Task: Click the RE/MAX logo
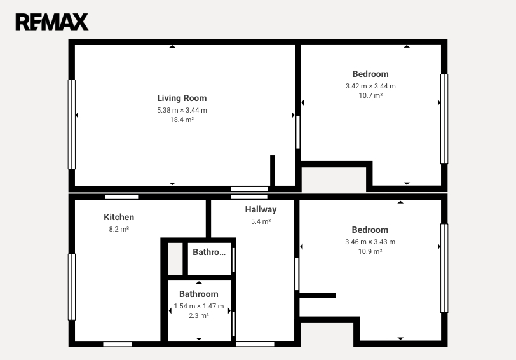point(52,22)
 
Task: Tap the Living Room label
point(182,98)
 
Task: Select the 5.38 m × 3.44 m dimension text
point(182,110)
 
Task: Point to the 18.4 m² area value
point(182,120)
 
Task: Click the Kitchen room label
point(119,217)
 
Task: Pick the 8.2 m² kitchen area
point(119,229)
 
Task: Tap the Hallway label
point(261,210)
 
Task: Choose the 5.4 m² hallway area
point(261,222)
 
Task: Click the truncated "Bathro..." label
point(209,252)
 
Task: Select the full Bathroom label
point(199,294)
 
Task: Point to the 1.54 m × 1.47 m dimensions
point(199,307)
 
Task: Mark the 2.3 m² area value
point(199,316)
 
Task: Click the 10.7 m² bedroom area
point(370,96)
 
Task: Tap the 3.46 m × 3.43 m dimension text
point(370,242)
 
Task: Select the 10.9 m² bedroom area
point(370,252)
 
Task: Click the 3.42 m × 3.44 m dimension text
point(370,87)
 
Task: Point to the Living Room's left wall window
point(71,124)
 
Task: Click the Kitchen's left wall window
point(71,287)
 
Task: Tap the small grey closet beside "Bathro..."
point(175,259)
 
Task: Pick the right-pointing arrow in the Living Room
point(293,115)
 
